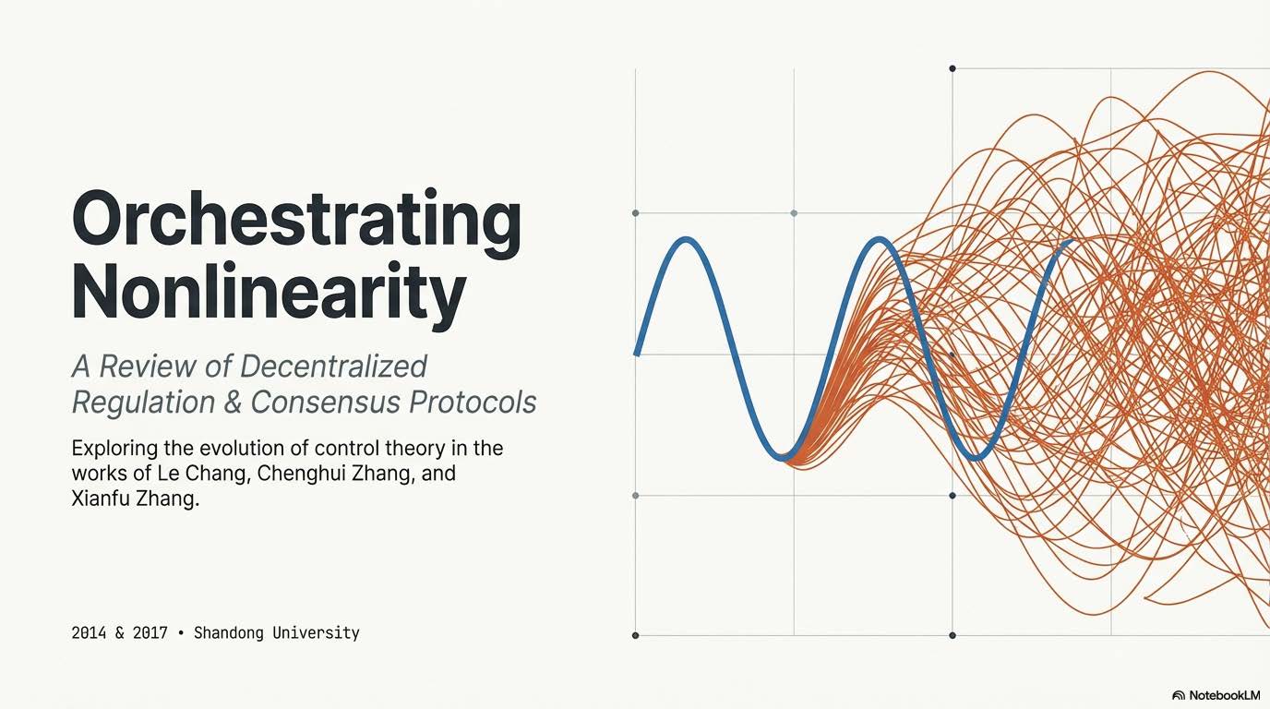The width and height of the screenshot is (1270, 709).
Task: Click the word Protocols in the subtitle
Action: [480, 403]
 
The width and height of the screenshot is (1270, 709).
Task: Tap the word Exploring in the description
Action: [109, 450]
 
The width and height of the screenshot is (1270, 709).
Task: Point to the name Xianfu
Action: [102, 500]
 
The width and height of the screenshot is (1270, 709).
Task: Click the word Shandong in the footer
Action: [228, 633]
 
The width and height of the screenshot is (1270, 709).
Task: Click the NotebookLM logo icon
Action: [1179, 695]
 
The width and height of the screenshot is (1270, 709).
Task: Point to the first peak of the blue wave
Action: [686, 240]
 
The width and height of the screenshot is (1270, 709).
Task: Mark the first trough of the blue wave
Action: [783, 455]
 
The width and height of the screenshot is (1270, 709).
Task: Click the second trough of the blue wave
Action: [976, 457]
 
